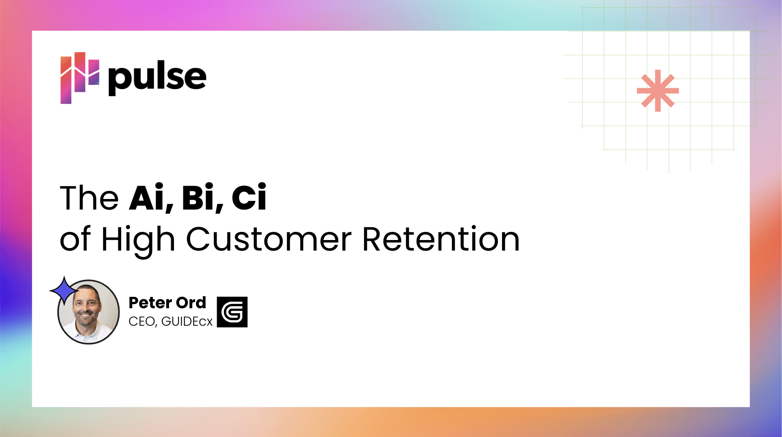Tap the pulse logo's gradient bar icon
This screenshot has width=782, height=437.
pyautogui.click(x=80, y=78)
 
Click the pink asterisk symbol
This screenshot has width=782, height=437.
pyautogui.click(x=658, y=91)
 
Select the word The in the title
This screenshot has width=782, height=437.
pyautogui.click(x=89, y=198)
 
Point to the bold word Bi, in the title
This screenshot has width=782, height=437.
pyautogui.click(x=202, y=198)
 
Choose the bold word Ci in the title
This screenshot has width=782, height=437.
pyautogui.click(x=249, y=197)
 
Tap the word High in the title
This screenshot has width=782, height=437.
pyautogui.click(x=138, y=241)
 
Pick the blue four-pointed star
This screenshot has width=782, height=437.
pyautogui.click(x=64, y=291)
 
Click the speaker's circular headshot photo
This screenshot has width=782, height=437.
pyautogui.click(x=89, y=312)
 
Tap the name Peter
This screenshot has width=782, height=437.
pyautogui.click(x=149, y=303)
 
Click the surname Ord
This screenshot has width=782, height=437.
pyautogui.click(x=191, y=303)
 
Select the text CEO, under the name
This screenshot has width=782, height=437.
pyautogui.click(x=143, y=322)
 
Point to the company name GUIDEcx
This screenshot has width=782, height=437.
pyautogui.click(x=187, y=322)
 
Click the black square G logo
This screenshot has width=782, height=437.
pyautogui.click(x=232, y=312)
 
